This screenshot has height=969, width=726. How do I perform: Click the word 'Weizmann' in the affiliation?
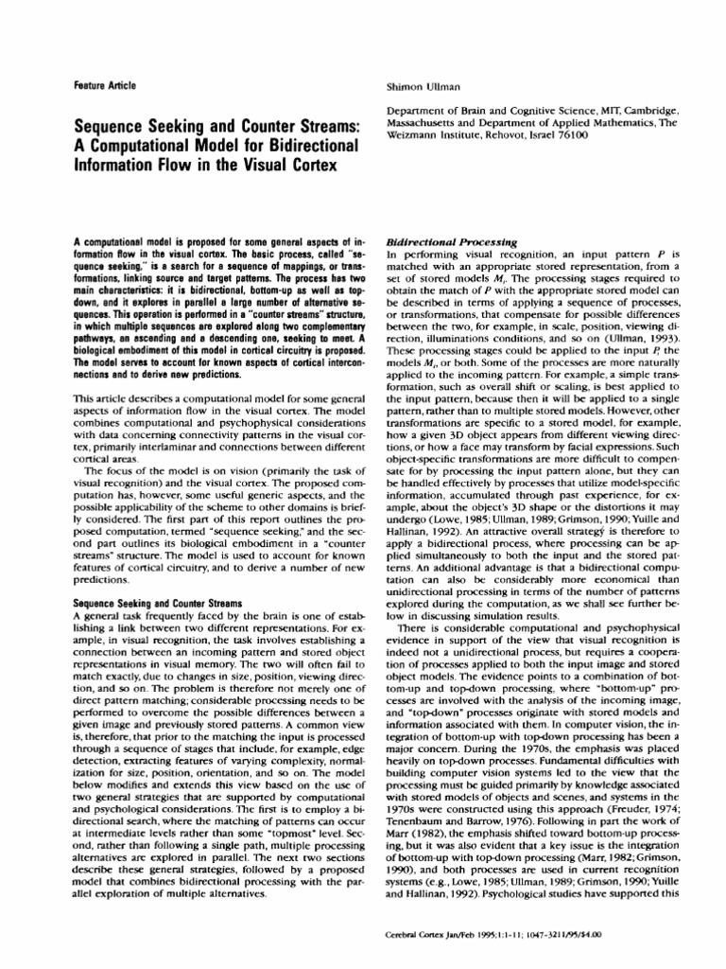[417, 135]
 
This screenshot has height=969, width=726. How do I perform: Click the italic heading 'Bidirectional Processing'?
[444, 242]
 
